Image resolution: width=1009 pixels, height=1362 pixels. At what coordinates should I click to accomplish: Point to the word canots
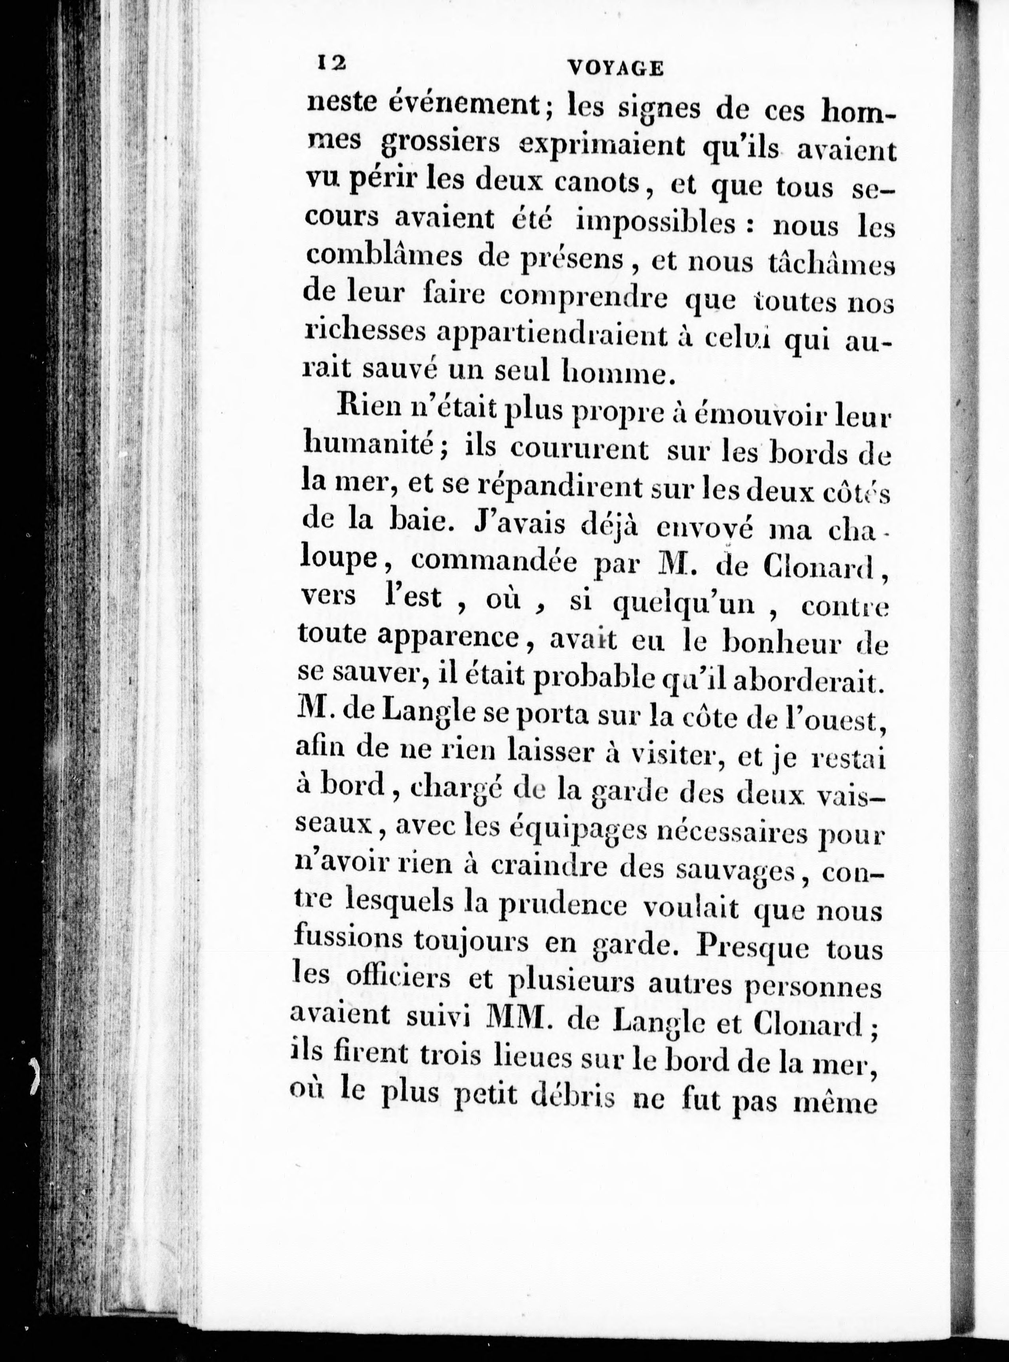click(x=590, y=183)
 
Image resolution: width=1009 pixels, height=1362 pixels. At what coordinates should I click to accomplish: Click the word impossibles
click(x=656, y=223)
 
